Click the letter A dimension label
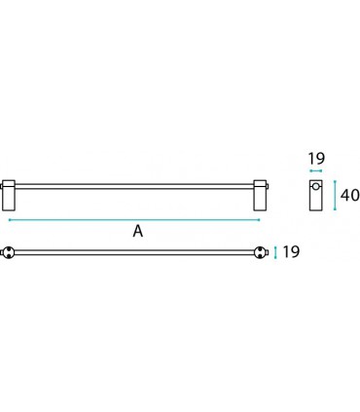[138, 232]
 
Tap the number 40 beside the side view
[348, 195]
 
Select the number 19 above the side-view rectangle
[316, 158]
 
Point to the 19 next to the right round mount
[291, 253]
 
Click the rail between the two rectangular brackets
[134, 184]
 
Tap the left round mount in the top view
[8, 253]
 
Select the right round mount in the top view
[260, 253]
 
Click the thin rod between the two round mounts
[134, 253]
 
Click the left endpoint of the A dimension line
[9, 220]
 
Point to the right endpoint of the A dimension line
[260, 220]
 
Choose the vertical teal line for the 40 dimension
[335, 195]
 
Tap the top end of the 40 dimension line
[335, 180]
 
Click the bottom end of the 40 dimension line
[335, 210]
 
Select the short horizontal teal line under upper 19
[316, 172]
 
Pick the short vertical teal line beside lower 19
[276, 253]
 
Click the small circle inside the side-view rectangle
[316, 187]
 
